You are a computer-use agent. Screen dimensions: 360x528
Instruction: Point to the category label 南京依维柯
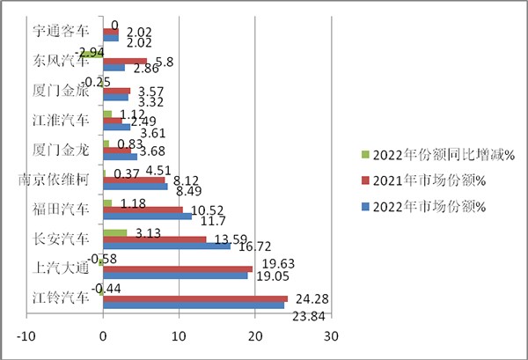[53, 180]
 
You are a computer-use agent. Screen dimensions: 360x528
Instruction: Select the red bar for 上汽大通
[178, 269]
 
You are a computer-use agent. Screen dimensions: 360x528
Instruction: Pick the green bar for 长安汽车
[114, 233]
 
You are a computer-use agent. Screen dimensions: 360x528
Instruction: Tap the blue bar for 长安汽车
[166, 246]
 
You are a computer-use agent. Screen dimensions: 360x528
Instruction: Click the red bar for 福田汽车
[143, 209]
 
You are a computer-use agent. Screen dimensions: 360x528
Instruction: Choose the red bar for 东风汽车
[125, 61]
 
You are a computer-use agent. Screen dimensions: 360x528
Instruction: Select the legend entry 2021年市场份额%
[423, 181]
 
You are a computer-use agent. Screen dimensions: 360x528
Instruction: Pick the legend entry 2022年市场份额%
[423, 207]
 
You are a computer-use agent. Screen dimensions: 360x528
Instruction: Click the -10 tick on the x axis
[27, 335]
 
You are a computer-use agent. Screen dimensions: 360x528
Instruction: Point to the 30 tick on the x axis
[331, 335]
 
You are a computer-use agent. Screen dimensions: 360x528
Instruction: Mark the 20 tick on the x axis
[255, 335]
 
